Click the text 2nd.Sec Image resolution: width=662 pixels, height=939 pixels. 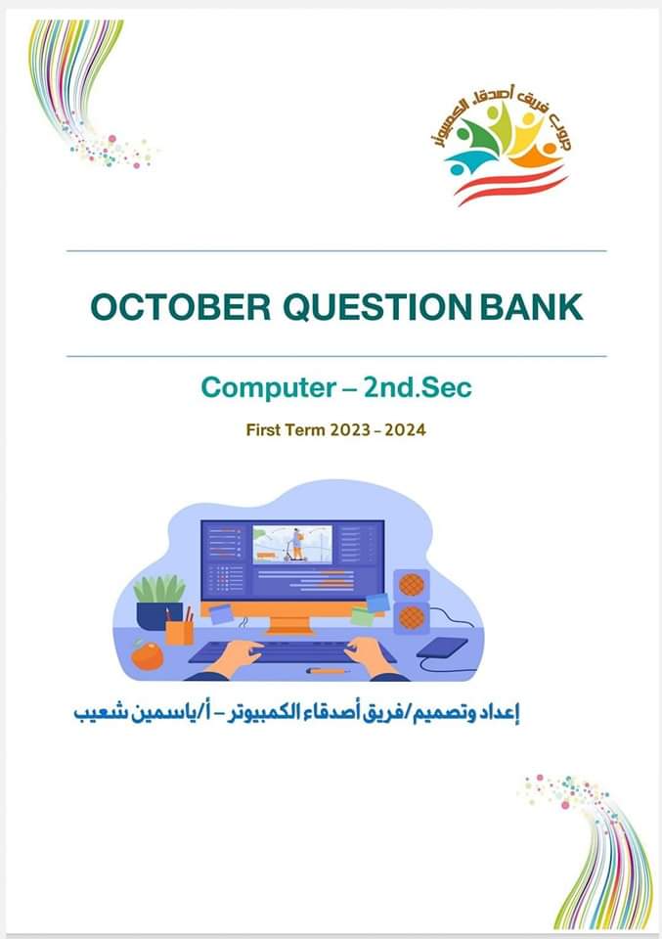click(x=417, y=387)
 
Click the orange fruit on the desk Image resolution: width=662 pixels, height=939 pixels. click(x=148, y=654)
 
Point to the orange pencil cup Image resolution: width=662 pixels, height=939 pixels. click(x=180, y=630)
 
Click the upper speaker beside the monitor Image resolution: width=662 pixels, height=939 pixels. click(x=412, y=586)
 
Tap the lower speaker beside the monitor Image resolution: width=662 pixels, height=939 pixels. click(x=412, y=617)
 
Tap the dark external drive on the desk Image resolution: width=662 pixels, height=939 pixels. click(x=441, y=648)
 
